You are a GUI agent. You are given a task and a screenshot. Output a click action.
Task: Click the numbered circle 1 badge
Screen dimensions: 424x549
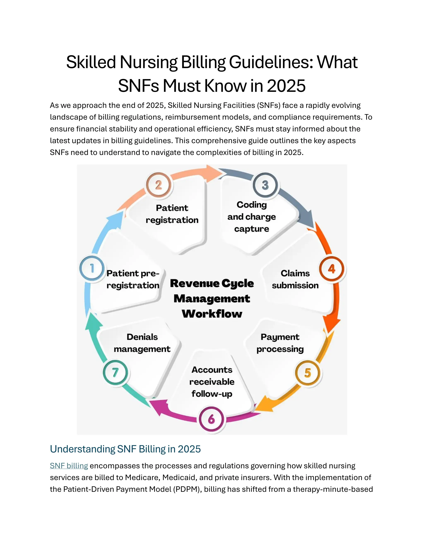[x=92, y=268]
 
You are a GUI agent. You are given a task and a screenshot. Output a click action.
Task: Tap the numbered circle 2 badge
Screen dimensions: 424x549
[x=159, y=185]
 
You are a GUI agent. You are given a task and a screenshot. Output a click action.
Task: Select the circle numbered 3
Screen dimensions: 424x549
[x=265, y=185]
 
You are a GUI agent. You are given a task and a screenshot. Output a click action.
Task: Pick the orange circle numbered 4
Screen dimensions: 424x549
[x=332, y=269]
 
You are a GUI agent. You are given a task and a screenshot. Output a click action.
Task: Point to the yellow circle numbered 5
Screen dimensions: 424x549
[x=308, y=373]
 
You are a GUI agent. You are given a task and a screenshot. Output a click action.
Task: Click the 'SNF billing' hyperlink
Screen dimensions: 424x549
[x=69, y=466]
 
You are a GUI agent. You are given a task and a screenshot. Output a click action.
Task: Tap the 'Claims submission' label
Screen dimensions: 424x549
[x=295, y=279]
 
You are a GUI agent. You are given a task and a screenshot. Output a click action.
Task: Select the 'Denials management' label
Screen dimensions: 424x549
[x=142, y=343]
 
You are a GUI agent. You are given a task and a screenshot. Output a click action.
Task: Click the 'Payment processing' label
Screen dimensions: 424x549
[x=280, y=343]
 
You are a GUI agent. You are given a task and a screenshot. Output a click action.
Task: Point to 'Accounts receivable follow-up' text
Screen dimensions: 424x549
[x=212, y=382]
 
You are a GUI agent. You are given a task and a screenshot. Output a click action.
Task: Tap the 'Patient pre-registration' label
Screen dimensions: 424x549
[x=133, y=279]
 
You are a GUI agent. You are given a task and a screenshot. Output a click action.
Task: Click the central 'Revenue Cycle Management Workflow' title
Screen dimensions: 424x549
[x=212, y=298]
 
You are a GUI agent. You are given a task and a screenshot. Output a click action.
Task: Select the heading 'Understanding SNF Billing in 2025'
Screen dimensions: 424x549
[x=125, y=449]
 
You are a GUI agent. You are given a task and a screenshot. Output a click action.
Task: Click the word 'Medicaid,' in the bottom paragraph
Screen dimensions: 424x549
[x=179, y=477]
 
